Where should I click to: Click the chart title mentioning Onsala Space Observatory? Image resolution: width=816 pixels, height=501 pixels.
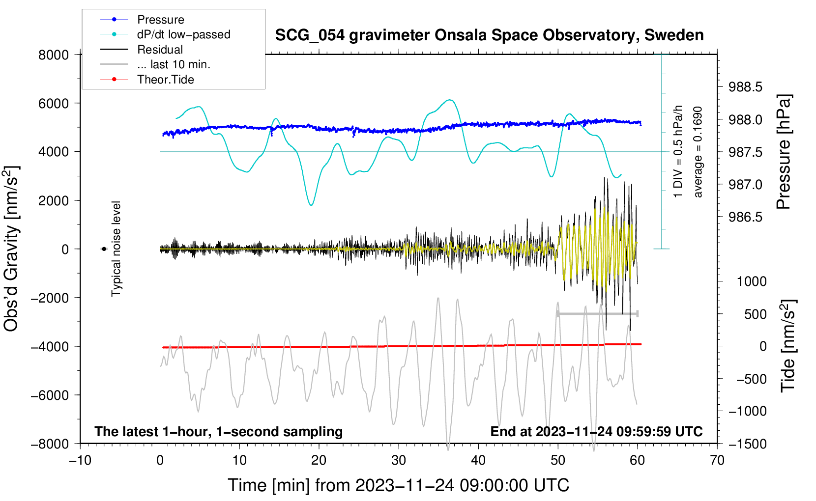coord(489,35)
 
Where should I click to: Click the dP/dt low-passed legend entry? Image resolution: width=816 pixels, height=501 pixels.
coord(183,34)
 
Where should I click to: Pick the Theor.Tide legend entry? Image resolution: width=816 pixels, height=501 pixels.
coord(165,80)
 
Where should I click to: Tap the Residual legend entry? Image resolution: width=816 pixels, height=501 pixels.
coord(160,50)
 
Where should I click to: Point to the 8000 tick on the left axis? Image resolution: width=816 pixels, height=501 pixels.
coord(54,55)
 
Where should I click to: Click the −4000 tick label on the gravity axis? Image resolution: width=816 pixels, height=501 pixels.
coord(50,346)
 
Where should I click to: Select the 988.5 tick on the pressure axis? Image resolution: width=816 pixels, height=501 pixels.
coord(745,87)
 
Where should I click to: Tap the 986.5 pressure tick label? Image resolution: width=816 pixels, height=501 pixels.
coord(745,217)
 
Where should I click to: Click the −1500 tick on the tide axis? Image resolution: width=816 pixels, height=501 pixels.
coord(748,444)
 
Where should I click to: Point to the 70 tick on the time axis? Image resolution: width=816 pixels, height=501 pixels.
coord(717,460)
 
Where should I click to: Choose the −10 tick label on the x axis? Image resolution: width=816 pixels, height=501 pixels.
coord(80,460)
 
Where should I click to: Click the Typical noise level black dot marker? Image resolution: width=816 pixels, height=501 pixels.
coord(104,249)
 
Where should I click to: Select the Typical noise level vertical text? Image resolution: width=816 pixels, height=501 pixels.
coord(116,249)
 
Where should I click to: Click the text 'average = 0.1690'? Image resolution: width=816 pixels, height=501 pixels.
coord(698,152)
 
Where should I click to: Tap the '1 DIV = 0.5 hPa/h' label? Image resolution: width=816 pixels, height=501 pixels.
coord(678,152)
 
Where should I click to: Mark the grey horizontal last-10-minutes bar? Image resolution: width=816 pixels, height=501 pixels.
coord(597,313)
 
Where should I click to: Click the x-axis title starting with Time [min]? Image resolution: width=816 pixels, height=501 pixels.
coord(398,485)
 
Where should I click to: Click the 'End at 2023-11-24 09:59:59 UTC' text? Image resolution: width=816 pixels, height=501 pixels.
coord(596,431)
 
